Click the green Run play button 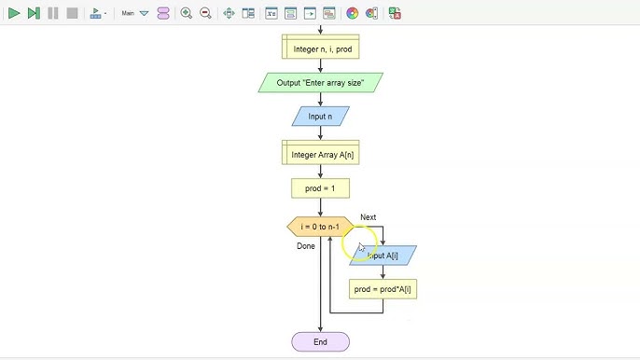[x=13, y=13]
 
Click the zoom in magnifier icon [x=186, y=13]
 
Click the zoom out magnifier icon [x=205, y=13]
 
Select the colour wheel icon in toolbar [x=352, y=13]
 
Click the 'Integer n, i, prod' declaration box [x=320, y=47]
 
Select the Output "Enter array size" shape [x=320, y=83]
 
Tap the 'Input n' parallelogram [x=320, y=117]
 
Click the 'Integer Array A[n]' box [x=320, y=154]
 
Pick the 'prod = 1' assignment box [x=320, y=188]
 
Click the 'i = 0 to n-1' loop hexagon [x=320, y=227]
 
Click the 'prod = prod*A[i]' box [x=383, y=289]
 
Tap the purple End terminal [x=320, y=342]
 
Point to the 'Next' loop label [x=368, y=217]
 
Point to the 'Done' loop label [x=306, y=246]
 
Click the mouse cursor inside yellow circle [x=360, y=247]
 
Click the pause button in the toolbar [x=52, y=13]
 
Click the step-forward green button [x=33, y=13]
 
